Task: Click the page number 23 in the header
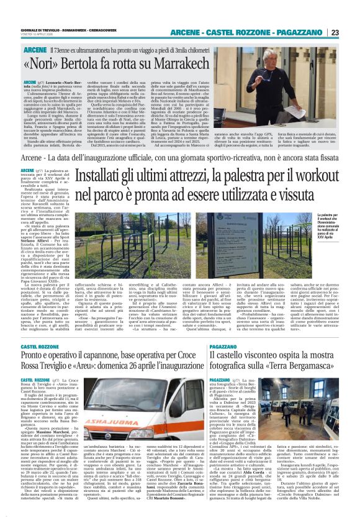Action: pos(352,32)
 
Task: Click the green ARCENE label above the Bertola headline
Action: pos(35,48)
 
